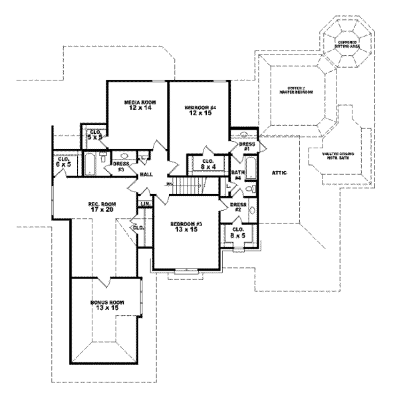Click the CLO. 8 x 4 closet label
[x=209, y=164]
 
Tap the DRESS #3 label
[x=121, y=166]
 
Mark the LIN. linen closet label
[x=144, y=203]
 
